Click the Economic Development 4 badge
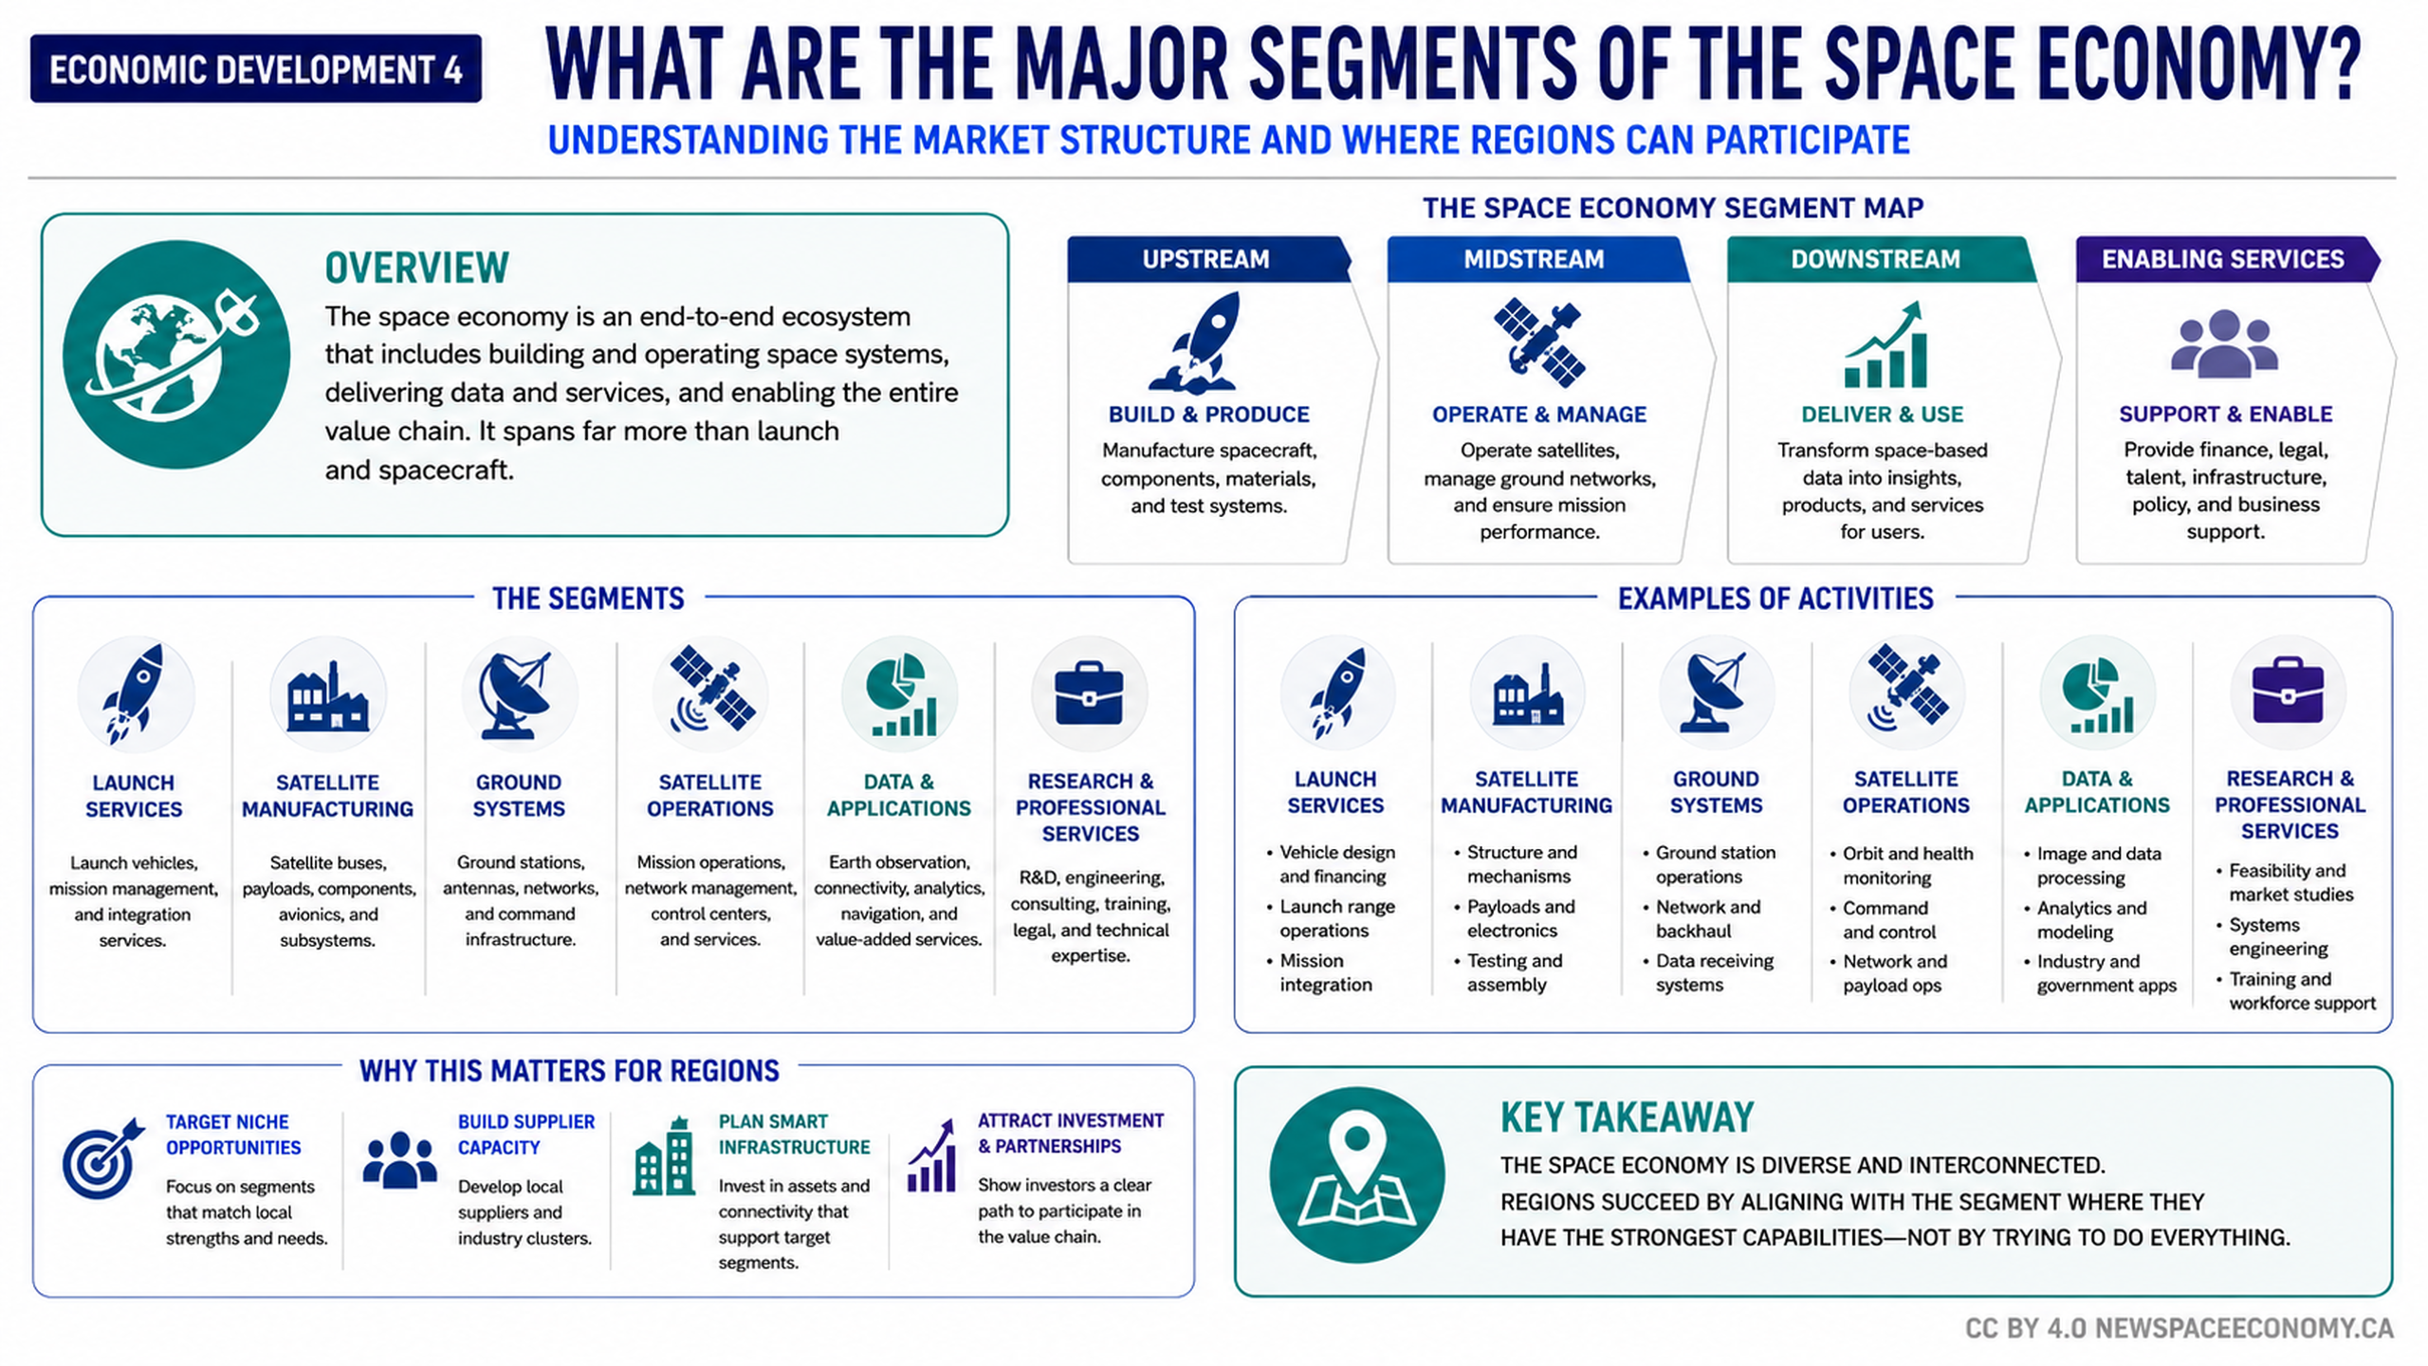(256, 69)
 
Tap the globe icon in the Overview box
(176, 354)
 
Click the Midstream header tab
(1537, 259)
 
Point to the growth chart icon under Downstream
(1885, 344)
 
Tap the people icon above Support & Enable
(2224, 344)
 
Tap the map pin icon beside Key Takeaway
(1357, 1174)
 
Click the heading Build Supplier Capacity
(526, 1135)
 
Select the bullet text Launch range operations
(1337, 918)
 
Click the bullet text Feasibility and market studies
(2290, 882)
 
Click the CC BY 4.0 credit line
(2179, 1328)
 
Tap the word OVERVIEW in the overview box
(417, 268)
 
